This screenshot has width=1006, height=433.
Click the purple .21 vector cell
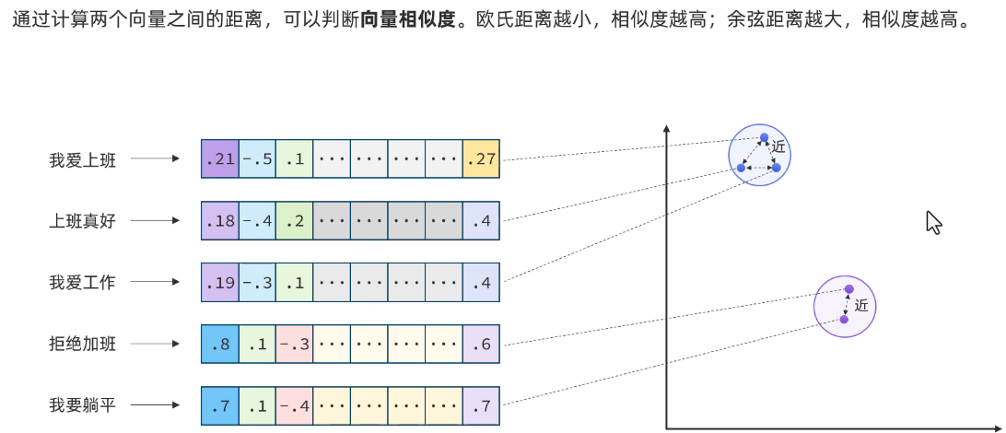click(219, 159)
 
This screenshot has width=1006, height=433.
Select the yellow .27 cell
click(481, 159)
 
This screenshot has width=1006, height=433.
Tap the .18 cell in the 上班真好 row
click(219, 221)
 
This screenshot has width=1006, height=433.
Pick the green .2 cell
click(294, 221)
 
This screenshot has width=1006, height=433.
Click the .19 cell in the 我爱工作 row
click(219, 283)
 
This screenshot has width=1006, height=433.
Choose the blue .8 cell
click(219, 344)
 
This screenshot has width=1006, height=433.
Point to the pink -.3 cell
click(294, 344)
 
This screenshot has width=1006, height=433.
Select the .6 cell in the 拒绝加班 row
click(481, 344)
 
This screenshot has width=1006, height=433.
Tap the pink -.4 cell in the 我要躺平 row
click(294, 405)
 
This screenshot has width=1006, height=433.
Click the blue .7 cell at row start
click(219, 405)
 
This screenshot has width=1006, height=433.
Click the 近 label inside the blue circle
click(779, 146)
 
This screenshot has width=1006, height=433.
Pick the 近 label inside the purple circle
click(861, 306)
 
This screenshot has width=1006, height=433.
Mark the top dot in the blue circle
click(764, 138)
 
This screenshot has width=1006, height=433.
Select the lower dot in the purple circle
click(844, 320)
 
